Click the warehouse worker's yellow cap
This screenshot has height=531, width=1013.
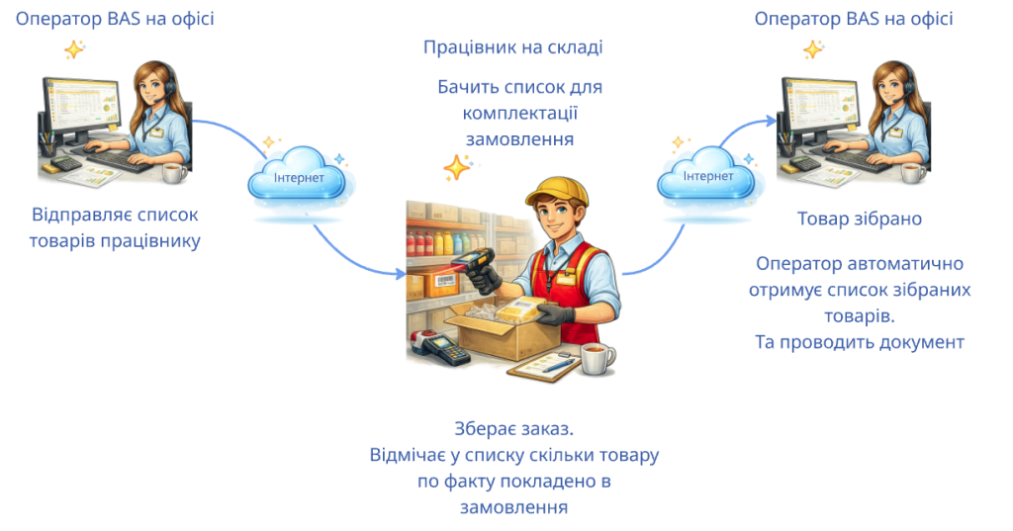556,191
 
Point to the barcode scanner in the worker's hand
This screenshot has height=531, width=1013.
474,265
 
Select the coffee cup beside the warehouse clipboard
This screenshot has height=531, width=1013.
598,359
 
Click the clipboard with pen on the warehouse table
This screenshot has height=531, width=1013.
543,368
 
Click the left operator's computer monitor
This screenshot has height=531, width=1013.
80,109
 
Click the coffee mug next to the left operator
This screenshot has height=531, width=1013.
174,172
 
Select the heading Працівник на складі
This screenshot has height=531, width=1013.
513,47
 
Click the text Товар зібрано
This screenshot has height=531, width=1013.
860,219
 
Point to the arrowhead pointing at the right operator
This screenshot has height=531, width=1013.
770,121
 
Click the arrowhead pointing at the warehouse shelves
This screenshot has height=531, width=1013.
400,274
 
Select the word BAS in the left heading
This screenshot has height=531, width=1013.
124,19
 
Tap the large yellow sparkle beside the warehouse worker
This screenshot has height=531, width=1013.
457,168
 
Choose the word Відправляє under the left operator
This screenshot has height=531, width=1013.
73,215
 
